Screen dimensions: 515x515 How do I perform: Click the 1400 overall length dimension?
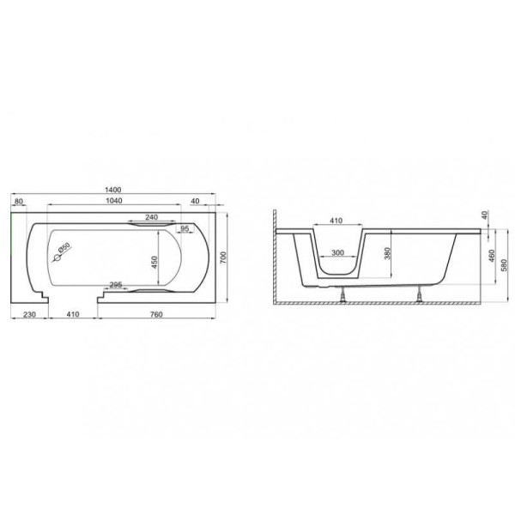pos(113,190)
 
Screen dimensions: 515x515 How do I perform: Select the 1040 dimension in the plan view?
pos(114,200)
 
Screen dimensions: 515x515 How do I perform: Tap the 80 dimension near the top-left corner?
pos(19,201)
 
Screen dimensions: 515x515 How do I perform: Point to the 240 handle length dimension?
pos(151,217)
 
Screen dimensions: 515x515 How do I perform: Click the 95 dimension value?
pos(185,228)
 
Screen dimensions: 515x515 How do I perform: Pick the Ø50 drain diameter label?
pos(64,247)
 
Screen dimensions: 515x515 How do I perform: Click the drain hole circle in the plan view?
pos(58,258)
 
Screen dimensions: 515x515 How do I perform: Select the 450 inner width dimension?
pos(154,262)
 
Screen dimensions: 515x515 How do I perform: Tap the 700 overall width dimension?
pos(223,258)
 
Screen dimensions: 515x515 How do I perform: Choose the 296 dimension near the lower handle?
pos(116,285)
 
